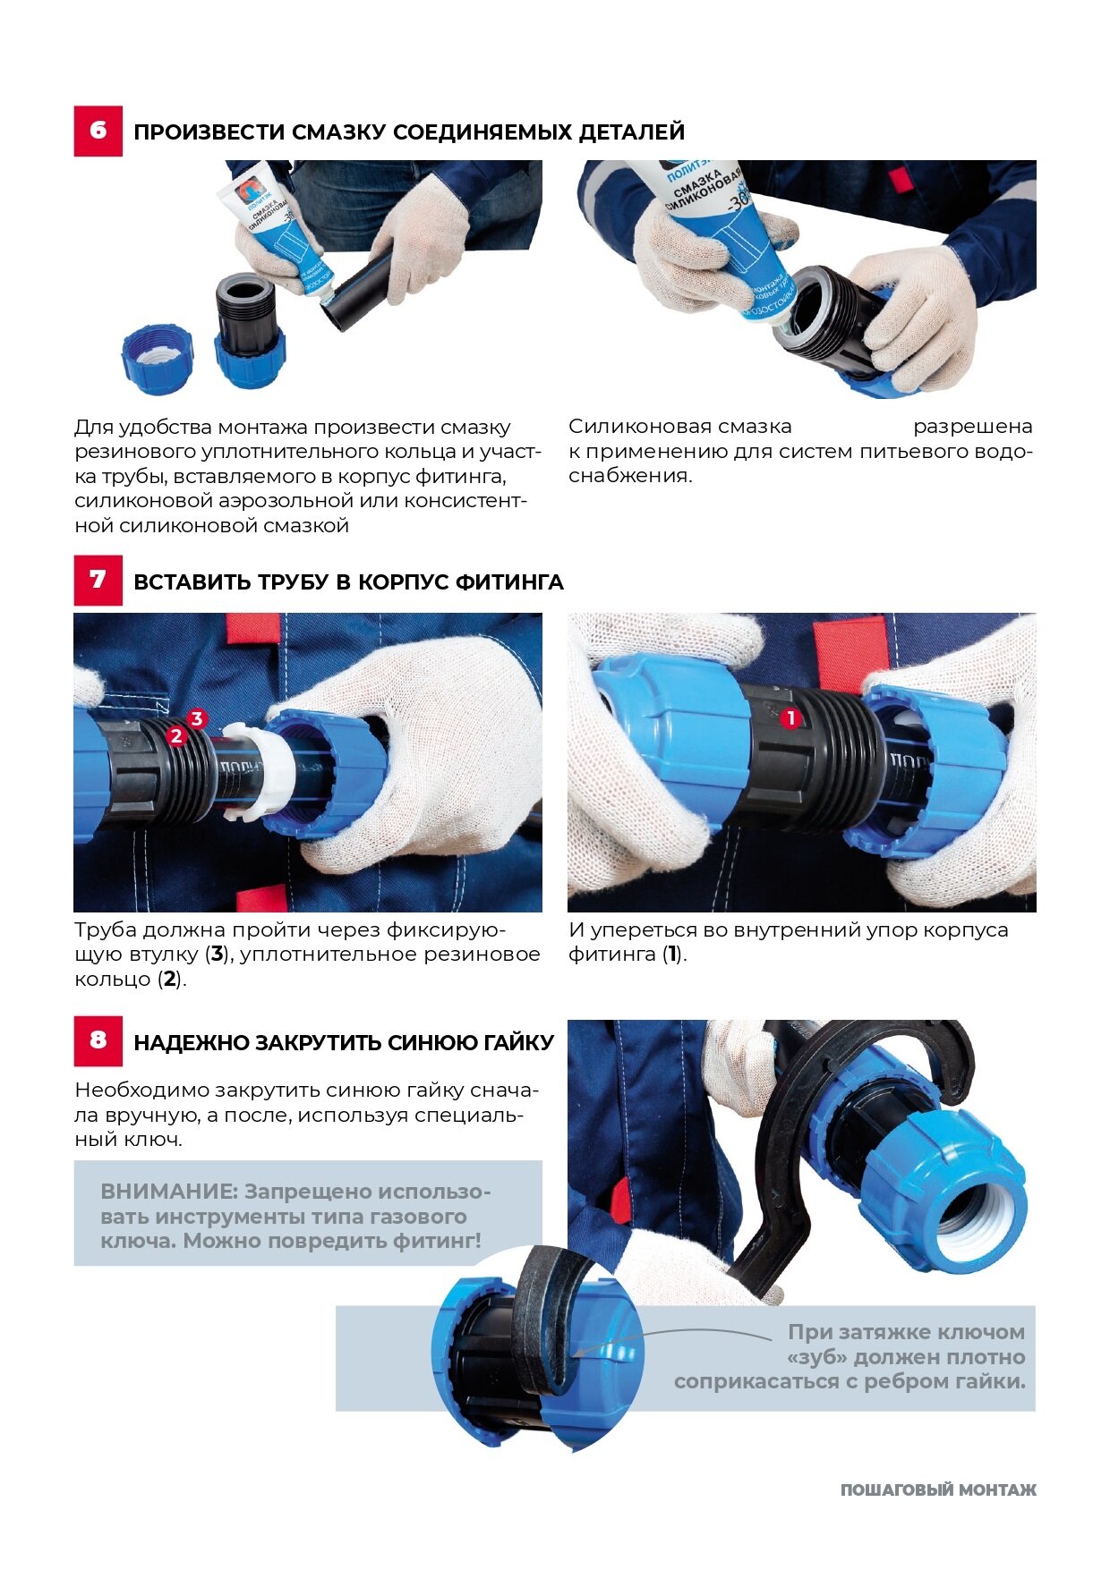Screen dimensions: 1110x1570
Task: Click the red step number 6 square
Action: tap(98, 132)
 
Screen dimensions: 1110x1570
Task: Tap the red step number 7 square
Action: tap(98, 581)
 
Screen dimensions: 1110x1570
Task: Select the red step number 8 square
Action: tap(98, 1040)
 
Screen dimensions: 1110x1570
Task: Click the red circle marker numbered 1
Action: tap(790, 717)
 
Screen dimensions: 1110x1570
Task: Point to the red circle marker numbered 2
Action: tap(176, 735)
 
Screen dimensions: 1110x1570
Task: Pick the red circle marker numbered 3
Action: tap(197, 718)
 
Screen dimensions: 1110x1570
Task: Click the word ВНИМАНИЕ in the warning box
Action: tap(168, 1192)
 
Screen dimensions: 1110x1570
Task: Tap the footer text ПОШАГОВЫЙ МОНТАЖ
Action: tap(938, 1489)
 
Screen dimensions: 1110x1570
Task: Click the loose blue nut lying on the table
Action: tap(158, 360)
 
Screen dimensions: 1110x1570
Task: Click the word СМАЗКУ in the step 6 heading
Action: tap(340, 132)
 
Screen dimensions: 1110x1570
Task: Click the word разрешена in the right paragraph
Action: tap(972, 427)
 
